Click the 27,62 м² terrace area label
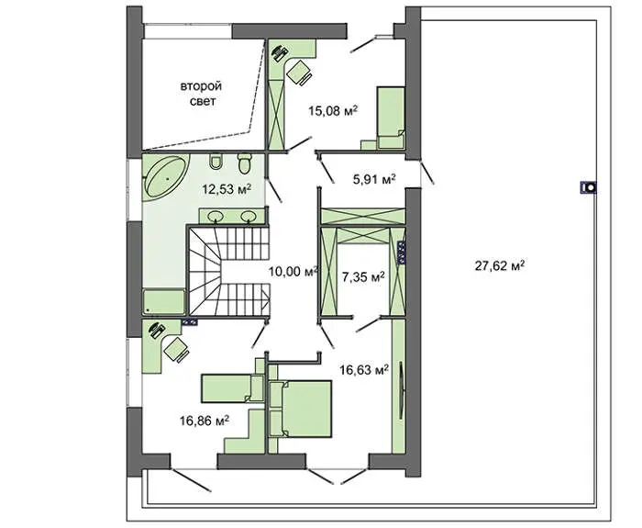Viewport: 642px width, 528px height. pyautogui.click(x=500, y=266)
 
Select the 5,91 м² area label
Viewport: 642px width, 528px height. pyautogui.click(x=374, y=179)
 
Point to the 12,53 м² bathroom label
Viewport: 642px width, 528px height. pyautogui.click(x=227, y=189)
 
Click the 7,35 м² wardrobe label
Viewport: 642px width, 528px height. pyautogui.click(x=363, y=277)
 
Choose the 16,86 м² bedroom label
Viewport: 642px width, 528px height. pyautogui.click(x=204, y=421)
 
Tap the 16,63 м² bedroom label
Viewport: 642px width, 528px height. pyautogui.click(x=364, y=370)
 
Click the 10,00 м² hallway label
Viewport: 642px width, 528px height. pyautogui.click(x=293, y=271)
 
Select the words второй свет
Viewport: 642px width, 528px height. pyautogui.click(x=201, y=94)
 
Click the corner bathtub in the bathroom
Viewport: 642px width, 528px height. pyautogui.click(x=165, y=177)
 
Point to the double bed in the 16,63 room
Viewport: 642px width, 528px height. pyautogui.click(x=301, y=409)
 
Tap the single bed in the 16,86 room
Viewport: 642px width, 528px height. pyautogui.click(x=232, y=388)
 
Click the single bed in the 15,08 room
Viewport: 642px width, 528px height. pyautogui.click(x=391, y=118)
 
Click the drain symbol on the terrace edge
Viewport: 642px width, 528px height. pyautogui.click(x=589, y=187)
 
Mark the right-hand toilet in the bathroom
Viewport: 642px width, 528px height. pyautogui.click(x=245, y=163)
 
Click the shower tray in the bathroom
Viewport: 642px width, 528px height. pyautogui.click(x=164, y=302)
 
